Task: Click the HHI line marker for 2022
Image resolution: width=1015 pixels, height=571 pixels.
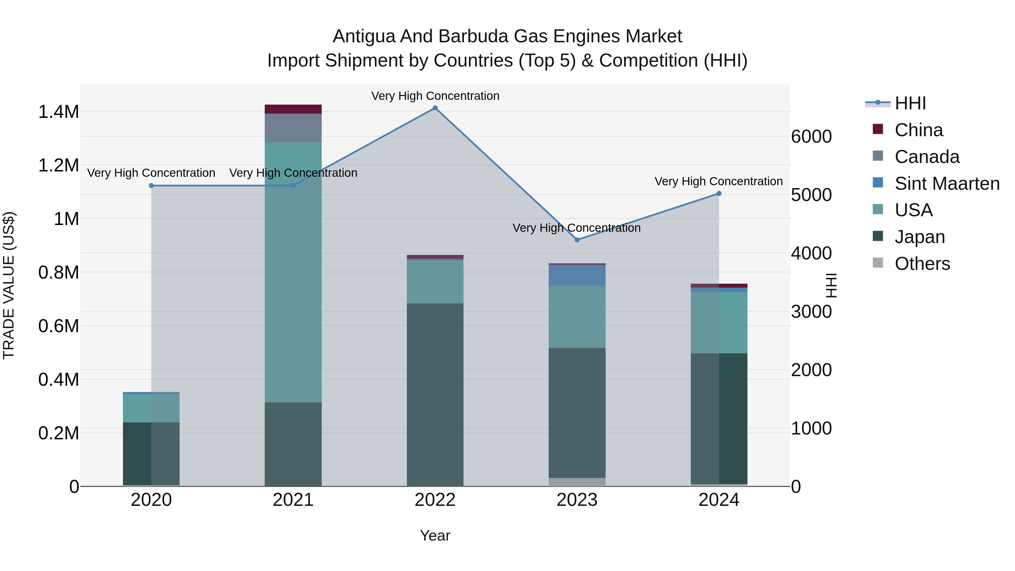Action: (x=435, y=108)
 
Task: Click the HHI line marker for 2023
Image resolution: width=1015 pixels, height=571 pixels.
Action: (x=577, y=240)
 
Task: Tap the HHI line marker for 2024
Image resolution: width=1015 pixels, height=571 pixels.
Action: (x=719, y=193)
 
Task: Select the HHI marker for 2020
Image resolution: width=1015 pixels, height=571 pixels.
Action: (x=151, y=186)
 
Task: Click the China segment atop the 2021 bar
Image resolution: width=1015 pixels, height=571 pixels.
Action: (x=293, y=109)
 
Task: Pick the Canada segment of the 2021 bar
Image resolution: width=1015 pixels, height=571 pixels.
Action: (x=293, y=128)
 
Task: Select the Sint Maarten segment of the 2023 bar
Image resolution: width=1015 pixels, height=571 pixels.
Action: (x=577, y=275)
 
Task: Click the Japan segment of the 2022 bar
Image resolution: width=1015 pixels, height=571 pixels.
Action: (x=435, y=394)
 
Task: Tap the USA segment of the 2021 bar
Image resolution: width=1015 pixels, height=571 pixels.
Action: (x=293, y=272)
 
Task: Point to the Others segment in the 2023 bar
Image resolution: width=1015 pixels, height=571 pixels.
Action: (x=577, y=482)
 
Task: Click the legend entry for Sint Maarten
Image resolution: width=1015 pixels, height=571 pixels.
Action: (x=947, y=184)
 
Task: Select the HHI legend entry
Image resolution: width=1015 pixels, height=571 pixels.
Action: (x=910, y=103)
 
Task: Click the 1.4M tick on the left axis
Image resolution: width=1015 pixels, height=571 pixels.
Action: (x=58, y=112)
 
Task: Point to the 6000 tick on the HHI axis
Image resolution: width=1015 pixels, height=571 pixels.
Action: (x=811, y=137)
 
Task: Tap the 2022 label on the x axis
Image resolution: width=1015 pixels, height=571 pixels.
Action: (x=435, y=500)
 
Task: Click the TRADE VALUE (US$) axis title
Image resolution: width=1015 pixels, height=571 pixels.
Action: (x=9, y=285)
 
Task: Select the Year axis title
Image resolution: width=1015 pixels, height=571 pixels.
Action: (x=435, y=535)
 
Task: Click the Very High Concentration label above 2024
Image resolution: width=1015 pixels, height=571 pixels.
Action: (x=719, y=181)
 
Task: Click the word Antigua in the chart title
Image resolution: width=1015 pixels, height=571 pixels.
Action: (x=364, y=36)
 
